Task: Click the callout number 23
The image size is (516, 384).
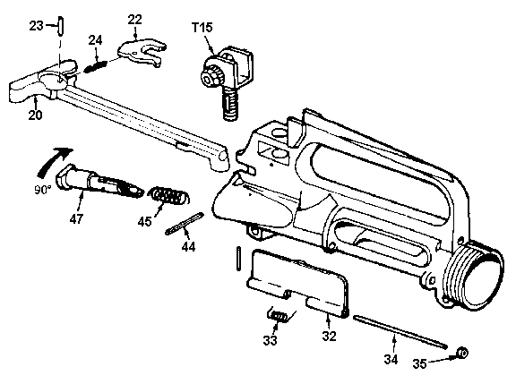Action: [36, 26]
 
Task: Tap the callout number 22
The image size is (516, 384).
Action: [134, 20]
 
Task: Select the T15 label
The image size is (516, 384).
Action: [202, 27]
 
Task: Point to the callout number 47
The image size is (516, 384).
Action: [76, 218]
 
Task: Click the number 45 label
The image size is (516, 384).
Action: [144, 222]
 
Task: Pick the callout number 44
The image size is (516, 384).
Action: [188, 246]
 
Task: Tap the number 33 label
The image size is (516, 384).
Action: [270, 340]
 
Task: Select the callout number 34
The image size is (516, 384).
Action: [391, 359]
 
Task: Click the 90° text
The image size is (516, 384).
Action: [43, 190]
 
